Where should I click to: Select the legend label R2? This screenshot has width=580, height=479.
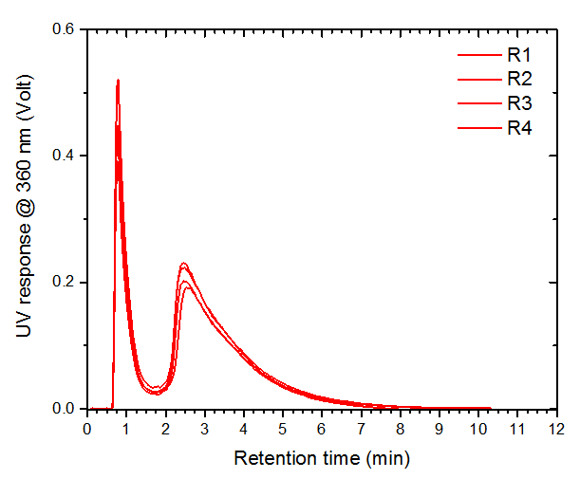coord(517,78)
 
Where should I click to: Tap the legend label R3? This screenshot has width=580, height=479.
coord(517,102)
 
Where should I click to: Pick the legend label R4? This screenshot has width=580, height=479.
coord(517,127)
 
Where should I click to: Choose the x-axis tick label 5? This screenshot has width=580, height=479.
coord(283,429)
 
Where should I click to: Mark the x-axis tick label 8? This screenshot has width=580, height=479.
coord(400,429)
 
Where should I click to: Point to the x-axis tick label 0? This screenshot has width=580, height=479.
coord(87,429)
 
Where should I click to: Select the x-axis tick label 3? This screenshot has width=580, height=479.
coord(204,429)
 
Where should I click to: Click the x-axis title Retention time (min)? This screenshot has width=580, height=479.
coord(322,459)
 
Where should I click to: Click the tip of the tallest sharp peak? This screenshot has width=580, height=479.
coord(118,81)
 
